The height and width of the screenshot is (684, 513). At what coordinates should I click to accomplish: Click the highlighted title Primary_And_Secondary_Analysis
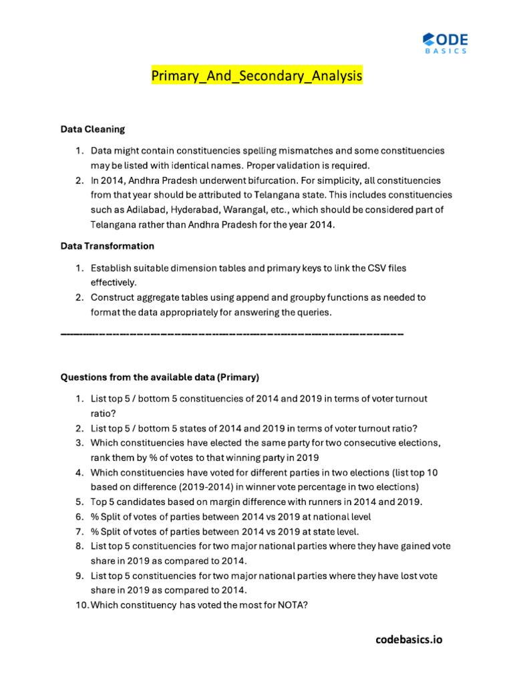click(x=256, y=77)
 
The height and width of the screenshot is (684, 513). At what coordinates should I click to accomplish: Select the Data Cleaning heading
click(x=92, y=129)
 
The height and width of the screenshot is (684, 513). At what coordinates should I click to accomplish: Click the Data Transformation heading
click(x=107, y=246)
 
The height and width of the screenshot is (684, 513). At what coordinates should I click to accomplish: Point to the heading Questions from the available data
click(x=159, y=377)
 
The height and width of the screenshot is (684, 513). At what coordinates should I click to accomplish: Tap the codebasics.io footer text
click(x=409, y=639)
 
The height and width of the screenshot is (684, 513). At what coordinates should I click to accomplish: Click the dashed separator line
click(x=232, y=333)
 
